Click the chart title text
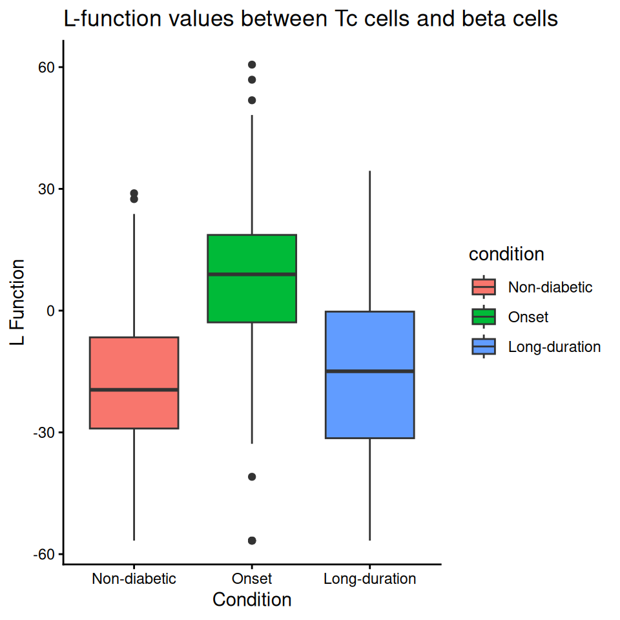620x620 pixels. point(310,19)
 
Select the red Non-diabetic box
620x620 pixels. point(134,362)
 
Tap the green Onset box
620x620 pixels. point(252,297)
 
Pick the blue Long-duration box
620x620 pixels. point(369,400)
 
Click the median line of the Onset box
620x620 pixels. point(252,274)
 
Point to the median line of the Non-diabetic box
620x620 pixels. point(134,389)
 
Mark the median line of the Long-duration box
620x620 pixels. point(369,371)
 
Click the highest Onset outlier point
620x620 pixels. point(252,65)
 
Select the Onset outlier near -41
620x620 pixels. point(252,477)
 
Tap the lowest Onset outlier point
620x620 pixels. point(252,540)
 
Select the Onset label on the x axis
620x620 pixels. point(252,579)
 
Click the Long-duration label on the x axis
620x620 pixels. point(369,579)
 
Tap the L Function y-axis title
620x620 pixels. point(19,302)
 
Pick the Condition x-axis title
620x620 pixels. point(252,600)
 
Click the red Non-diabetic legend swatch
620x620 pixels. point(484,287)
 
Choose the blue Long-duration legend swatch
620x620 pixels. point(484,347)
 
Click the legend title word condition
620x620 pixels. point(506,254)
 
